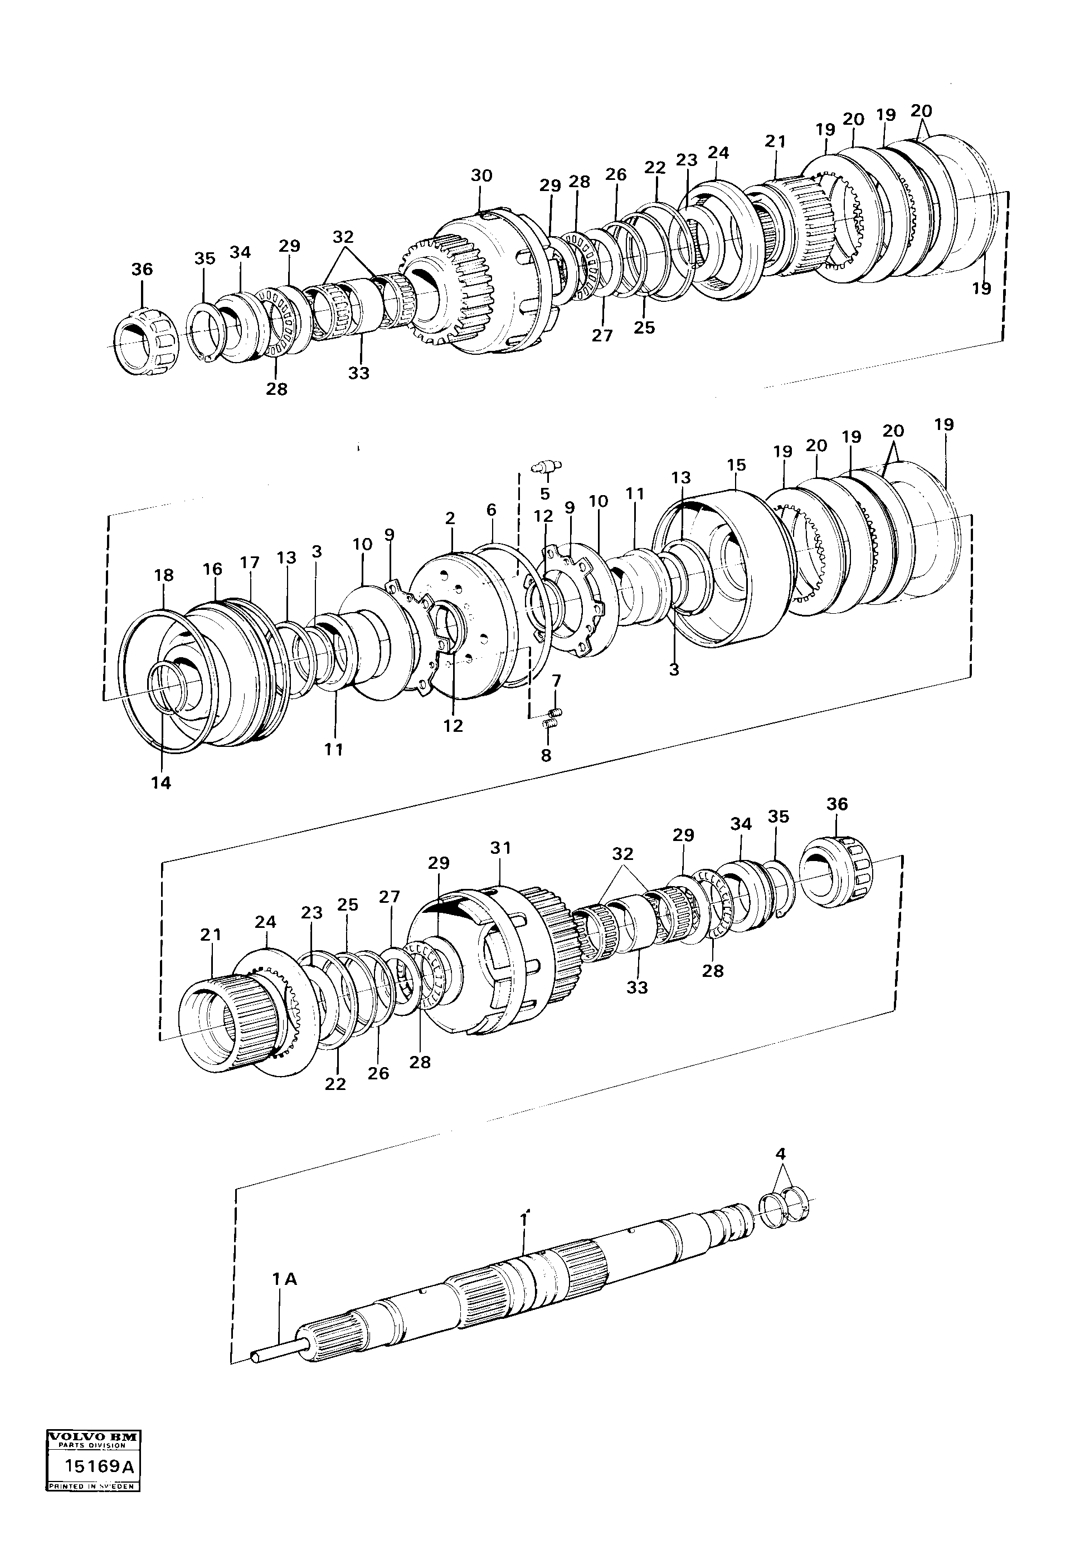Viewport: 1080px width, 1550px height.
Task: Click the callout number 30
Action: click(481, 175)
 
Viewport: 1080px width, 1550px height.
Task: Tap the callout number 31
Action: click(500, 848)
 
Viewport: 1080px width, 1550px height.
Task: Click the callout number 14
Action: click(160, 783)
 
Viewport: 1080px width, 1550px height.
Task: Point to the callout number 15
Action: click(736, 465)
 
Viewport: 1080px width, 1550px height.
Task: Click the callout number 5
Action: click(544, 494)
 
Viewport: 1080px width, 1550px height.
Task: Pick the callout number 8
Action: click(546, 755)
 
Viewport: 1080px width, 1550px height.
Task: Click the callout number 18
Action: click(163, 575)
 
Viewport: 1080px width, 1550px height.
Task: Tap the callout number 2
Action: click(450, 519)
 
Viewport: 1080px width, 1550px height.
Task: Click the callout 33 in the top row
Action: click(359, 373)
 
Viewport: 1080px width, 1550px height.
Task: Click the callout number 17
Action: click(249, 561)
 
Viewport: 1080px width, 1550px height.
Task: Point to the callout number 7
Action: click(556, 681)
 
